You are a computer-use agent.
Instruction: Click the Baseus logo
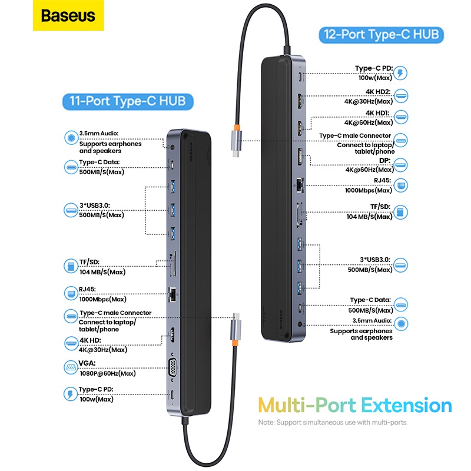click(68, 15)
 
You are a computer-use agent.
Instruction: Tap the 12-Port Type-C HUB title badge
click(382, 34)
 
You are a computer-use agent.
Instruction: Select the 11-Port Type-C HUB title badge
click(128, 101)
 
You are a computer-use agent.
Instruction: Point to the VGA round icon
click(69, 368)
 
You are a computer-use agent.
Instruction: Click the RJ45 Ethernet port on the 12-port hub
click(301, 184)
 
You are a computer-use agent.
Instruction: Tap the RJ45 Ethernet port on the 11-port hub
click(174, 292)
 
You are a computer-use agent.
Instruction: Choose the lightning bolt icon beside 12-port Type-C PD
click(401, 73)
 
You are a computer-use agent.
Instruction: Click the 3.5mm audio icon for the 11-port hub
click(71, 138)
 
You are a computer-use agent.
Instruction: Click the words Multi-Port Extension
click(355, 406)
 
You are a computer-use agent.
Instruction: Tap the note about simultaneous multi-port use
click(333, 422)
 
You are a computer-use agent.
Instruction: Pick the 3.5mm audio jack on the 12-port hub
click(302, 323)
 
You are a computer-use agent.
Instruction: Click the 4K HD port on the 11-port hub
click(174, 335)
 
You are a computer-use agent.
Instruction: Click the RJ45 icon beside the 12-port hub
click(401, 185)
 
